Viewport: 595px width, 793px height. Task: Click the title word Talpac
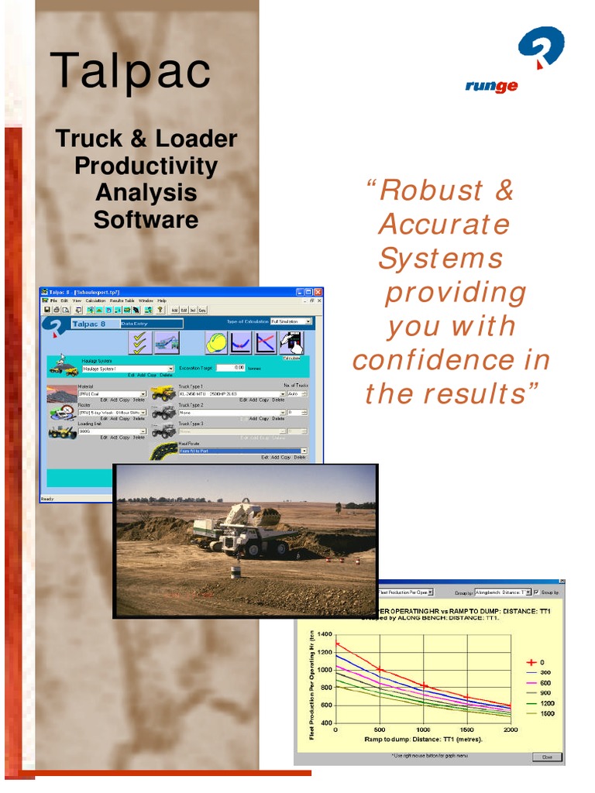tap(130, 70)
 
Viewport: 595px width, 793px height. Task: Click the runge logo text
tap(491, 86)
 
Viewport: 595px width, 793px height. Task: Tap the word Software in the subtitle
tap(146, 220)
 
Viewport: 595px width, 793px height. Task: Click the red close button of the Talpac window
tap(318, 292)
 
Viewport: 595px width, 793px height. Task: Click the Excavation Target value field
tap(230, 368)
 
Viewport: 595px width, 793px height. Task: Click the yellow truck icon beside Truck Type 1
tap(162, 393)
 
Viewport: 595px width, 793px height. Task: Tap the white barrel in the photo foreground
tap(236, 572)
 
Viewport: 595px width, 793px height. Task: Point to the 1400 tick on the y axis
tap(323, 634)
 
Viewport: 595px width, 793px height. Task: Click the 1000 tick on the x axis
tap(423, 730)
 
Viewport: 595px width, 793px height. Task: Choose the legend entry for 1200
tap(546, 703)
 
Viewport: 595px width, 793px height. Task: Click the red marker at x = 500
tap(380, 670)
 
